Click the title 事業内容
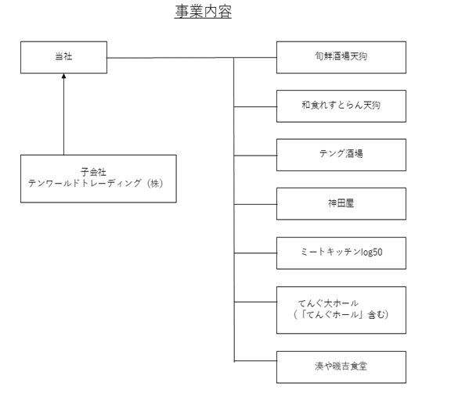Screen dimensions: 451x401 pyautogui.click(x=203, y=12)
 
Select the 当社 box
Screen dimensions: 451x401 pyautogui.click(x=63, y=57)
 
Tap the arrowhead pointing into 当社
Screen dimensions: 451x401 pyautogui.click(x=63, y=76)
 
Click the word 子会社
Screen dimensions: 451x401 pyautogui.click(x=93, y=172)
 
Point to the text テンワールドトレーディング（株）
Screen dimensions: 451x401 pyautogui.click(x=96, y=183)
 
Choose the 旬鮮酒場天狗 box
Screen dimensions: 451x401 pyautogui.click(x=341, y=57)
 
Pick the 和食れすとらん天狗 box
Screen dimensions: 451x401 pyautogui.click(x=341, y=106)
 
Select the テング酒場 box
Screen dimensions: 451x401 pyautogui.click(x=341, y=155)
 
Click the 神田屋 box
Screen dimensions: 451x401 pyautogui.click(x=341, y=204)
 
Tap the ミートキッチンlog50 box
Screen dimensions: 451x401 pyautogui.click(x=341, y=253)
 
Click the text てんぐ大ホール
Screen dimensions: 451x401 pyautogui.click(x=328, y=303)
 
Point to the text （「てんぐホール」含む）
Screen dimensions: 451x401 pyautogui.click(x=341, y=314)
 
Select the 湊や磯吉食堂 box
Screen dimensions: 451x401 pyautogui.click(x=341, y=367)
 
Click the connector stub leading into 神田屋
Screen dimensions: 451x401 pyautogui.click(x=255, y=204)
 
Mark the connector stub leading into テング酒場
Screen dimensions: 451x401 pyautogui.click(x=255, y=156)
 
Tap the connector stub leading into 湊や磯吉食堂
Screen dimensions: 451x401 pyautogui.click(x=255, y=360)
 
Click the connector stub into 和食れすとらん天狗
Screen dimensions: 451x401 pyautogui.click(x=255, y=106)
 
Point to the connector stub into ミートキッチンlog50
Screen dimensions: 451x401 pyautogui.click(x=255, y=253)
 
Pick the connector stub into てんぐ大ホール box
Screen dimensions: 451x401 pyautogui.click(x=255, y=302)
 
